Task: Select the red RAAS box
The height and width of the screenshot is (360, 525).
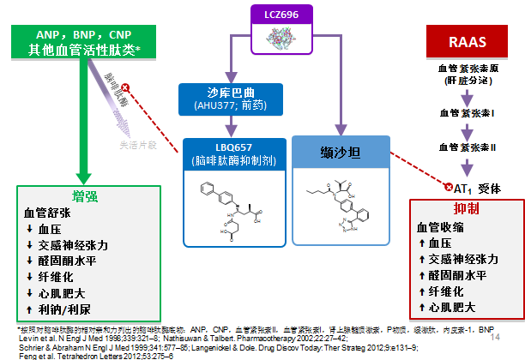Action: [x=463, y=42]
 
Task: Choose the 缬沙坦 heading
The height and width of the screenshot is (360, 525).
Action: [x=341, y=152]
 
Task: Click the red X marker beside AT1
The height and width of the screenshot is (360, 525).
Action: [x=447, y=186]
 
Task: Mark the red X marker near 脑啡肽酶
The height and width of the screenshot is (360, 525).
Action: [x=126, y=87]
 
